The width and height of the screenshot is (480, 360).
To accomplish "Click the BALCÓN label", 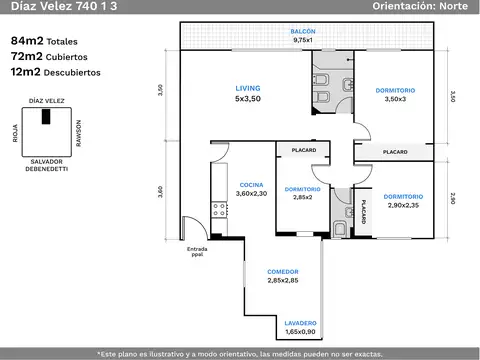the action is (303, 31).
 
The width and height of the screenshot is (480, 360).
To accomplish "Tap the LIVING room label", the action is (248, 88).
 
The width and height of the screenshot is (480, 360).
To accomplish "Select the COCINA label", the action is (251, 185).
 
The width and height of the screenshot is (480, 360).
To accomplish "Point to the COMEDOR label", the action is (283, 272).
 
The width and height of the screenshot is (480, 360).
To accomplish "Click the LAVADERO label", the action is (300, 323).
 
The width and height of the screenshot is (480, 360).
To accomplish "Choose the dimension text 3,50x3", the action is (395, 99).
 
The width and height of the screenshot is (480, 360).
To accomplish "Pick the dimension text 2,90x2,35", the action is (403, 205).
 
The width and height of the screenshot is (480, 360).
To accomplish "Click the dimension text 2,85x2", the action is (303, 197).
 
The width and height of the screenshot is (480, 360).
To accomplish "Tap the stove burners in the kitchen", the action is (219, 210).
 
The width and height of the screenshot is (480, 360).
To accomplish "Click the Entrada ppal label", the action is (197, 251).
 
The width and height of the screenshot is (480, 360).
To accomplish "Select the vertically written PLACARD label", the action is (363, 211).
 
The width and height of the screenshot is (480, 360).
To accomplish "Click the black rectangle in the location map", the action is (46, 116).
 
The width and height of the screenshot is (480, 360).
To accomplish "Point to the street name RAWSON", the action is (79, 133).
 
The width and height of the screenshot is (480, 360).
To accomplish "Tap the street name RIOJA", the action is (15, 133).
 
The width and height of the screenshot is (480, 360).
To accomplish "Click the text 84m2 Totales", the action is (44, 41).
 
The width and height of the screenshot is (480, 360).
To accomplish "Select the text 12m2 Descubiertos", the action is (55, 72).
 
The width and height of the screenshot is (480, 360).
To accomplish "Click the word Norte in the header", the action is (453, 6).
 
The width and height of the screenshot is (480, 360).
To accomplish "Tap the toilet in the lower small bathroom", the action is (339, 229).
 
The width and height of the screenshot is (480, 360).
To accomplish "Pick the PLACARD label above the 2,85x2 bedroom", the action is (304, 150).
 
